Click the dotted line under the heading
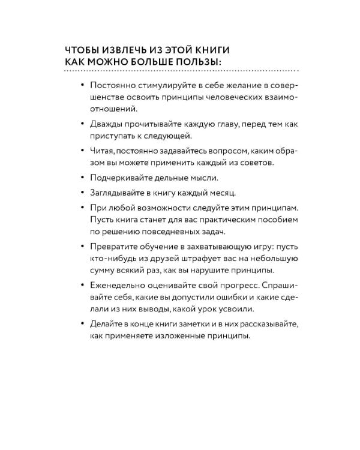(180, 71)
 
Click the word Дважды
(107, 124)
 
